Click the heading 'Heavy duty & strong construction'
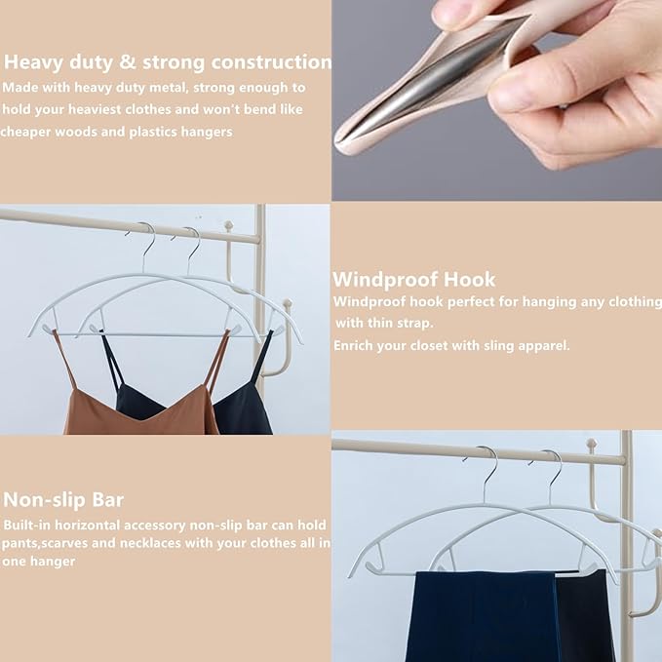(x=168, y=62)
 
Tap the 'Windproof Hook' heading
(x=414, y=279)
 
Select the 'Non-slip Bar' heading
(x=63, y=500)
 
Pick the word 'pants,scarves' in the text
(x=43, y=543)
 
